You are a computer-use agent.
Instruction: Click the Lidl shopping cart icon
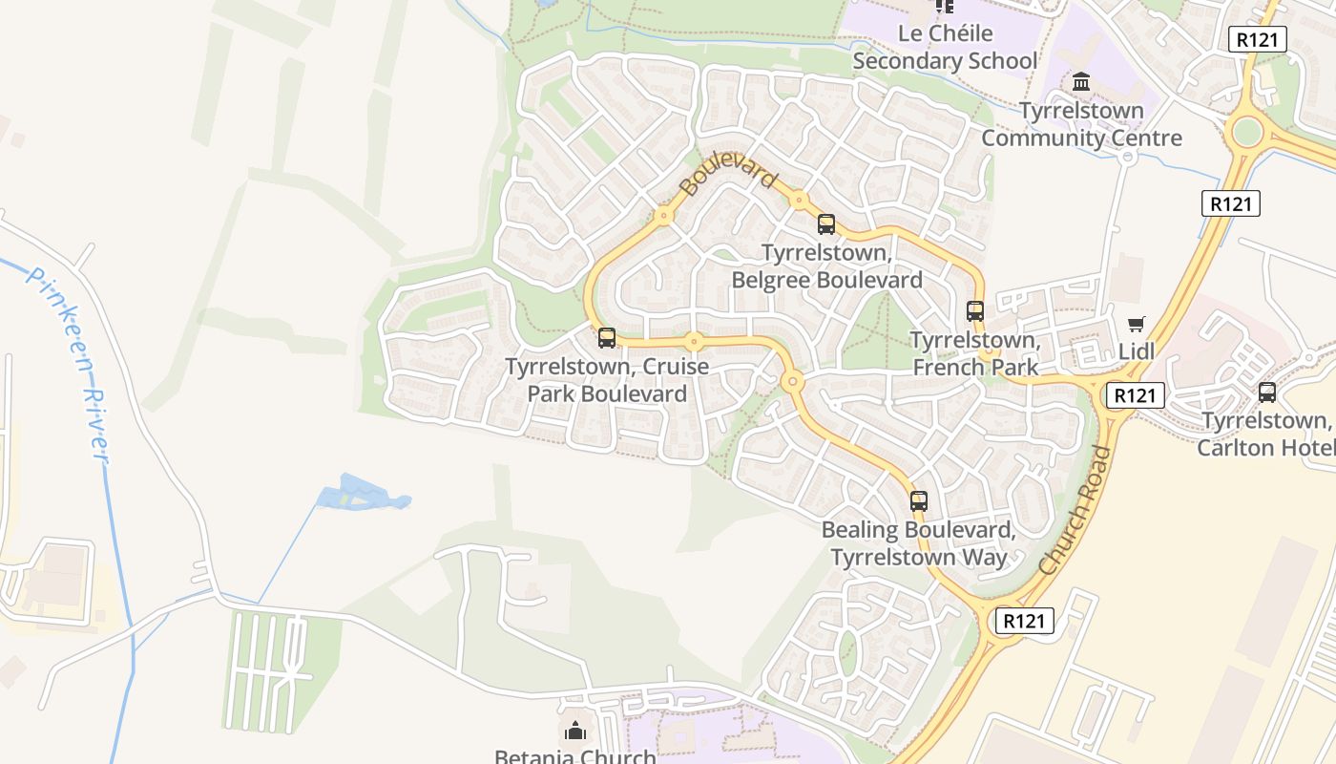pos(1136,325)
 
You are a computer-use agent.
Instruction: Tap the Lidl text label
pos(1136,351)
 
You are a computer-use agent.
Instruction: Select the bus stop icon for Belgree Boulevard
pos(826,224)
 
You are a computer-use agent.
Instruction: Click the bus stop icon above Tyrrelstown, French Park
pos(974,310)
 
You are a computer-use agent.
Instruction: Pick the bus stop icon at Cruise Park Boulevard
pos(607,337)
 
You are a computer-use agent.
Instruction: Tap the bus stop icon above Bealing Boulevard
pos(918,500)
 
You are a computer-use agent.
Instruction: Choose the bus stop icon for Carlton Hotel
pos(1267,392)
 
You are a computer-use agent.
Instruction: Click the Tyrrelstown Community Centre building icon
pos(1081,82)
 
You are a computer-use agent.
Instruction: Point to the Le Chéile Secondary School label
pos(944,48)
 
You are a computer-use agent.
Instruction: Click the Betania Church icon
pos(575,732)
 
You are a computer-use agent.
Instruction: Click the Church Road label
pos(1075,511)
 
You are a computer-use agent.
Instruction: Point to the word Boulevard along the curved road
pos(729,169)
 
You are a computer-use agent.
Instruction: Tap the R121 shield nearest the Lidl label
pos(1136,394)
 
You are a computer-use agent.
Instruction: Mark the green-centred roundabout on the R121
pos(1246,133)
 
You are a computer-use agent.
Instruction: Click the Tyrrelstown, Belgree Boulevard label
pos(826,266)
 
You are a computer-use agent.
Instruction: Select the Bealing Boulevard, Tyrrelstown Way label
pos(918,543)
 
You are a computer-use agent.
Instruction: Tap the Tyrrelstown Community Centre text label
pos(1081,124)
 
